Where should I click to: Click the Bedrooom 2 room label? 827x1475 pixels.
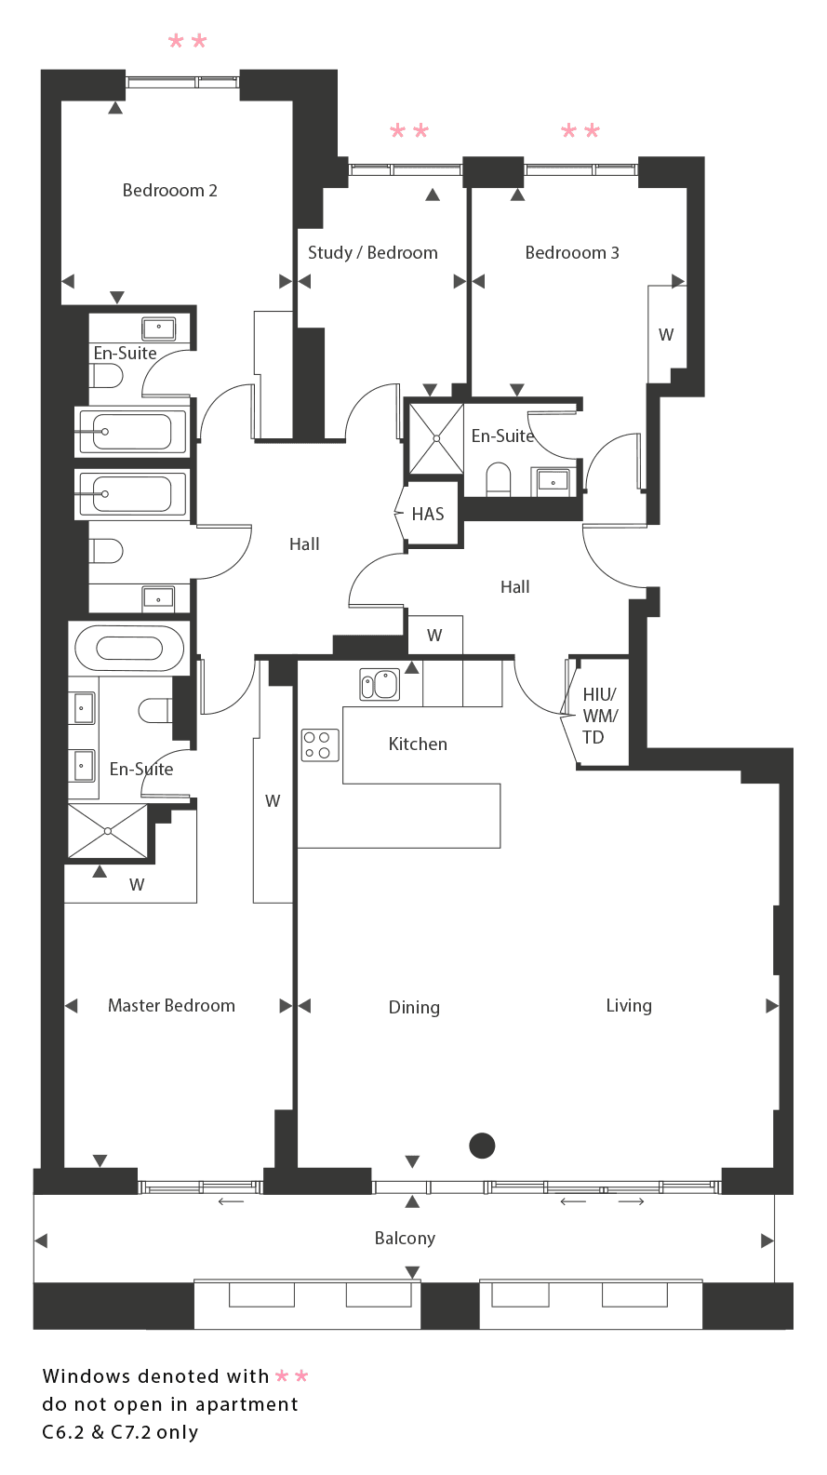tap(170, 190)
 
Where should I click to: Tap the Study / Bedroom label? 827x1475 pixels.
tap(373, 253)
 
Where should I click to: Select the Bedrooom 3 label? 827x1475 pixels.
tap(572, 253)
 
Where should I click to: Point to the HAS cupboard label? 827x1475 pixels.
tap(428, 514)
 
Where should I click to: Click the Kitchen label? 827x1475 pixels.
tap(418, 744)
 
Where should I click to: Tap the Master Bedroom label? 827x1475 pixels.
tap(171, 1005)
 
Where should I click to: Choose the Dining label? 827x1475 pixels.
tap(414, 1008)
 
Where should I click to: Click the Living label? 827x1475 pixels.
tap(629, 1006)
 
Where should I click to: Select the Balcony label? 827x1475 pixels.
tap(405, 1239)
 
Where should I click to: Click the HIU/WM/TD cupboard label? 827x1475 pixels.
tap(600, 716)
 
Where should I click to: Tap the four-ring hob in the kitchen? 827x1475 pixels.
tap(320, 745)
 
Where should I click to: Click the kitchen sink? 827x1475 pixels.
tap(380, 684)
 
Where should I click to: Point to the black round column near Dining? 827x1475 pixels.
tap(482, 1146)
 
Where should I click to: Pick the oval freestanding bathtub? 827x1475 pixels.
tap(129, 648)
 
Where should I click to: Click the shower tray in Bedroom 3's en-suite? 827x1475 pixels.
tap(436, 438)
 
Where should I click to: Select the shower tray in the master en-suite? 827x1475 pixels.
tap(108, 831)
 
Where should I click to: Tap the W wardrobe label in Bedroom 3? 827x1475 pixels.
tap(666, 335)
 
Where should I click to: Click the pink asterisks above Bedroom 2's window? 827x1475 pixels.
tap(188, 42)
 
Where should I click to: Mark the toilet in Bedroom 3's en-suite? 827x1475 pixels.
tap(499, 478)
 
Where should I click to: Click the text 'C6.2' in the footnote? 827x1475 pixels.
tap(63, 1432)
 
